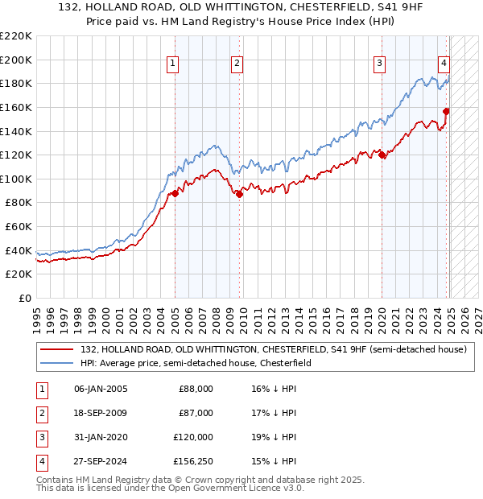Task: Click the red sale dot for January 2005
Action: pyautogui.click(x=175, y=193)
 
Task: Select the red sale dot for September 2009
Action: pyautogui.click(x=240, y=194)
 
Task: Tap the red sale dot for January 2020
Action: pyautogui.click(x=382, y=155)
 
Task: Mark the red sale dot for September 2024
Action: pyautogui.click(x=447, y=111)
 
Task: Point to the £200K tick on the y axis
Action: pyautogui.click(x=16, y=60)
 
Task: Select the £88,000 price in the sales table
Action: pyautogui.click(x=196, y=389)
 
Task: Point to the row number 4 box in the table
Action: pyautogui.click(x=40, y=461)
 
